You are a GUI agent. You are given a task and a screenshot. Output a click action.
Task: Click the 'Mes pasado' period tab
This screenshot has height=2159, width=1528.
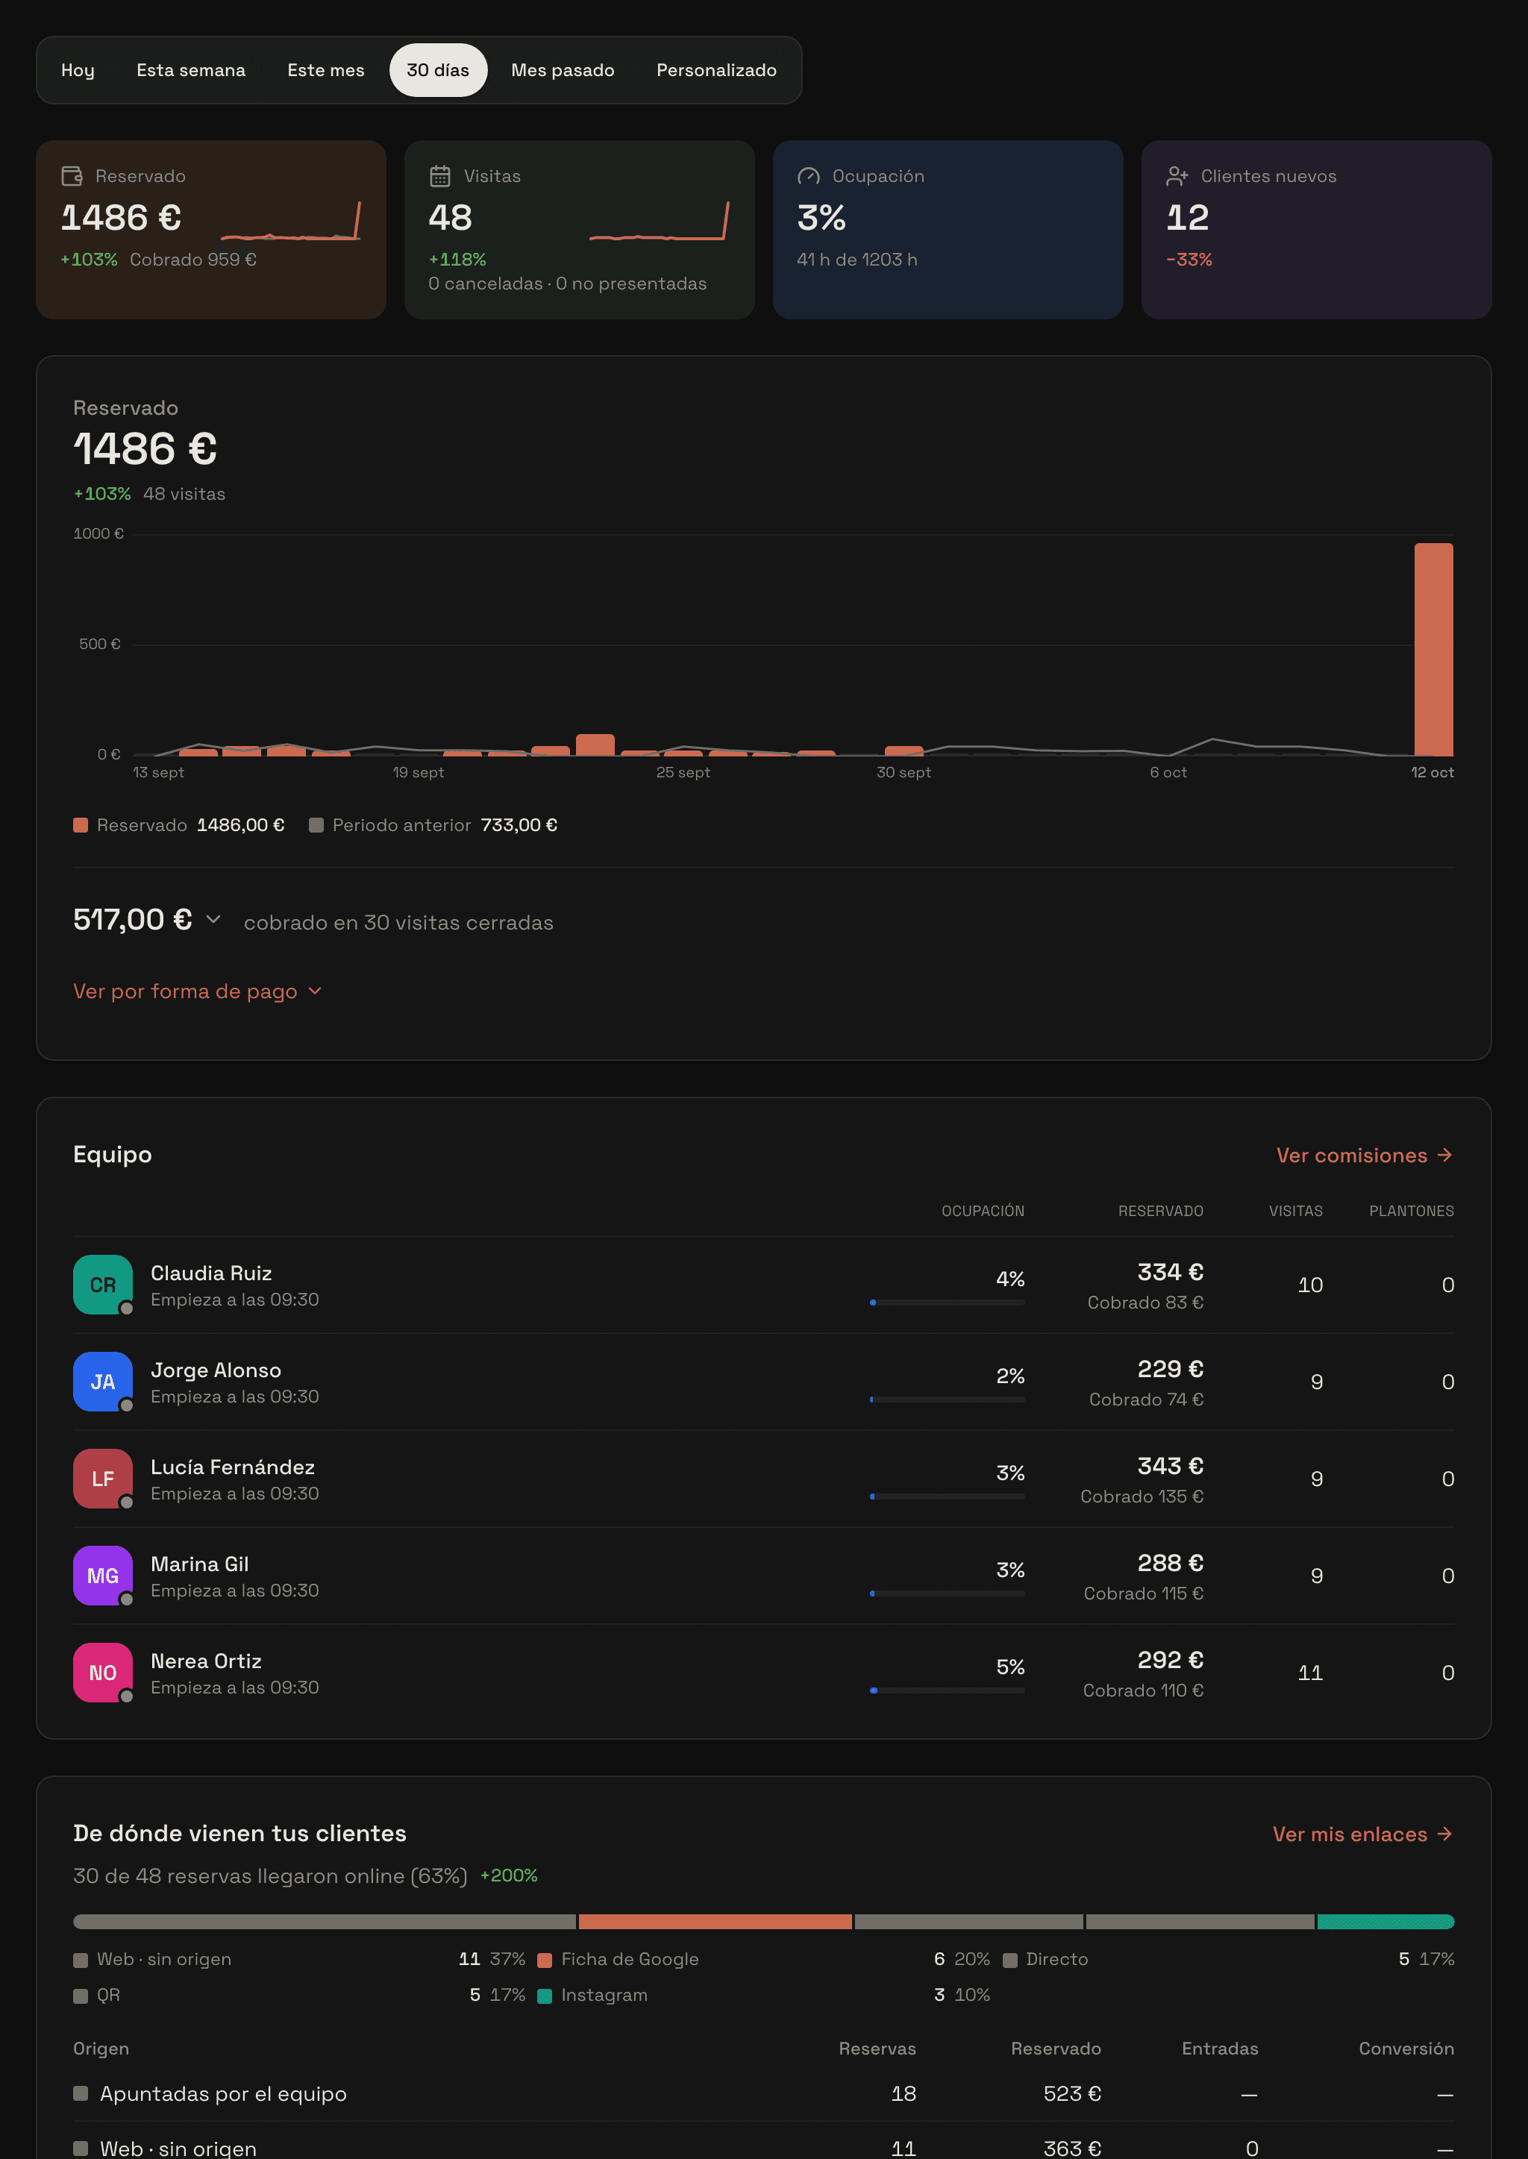562,71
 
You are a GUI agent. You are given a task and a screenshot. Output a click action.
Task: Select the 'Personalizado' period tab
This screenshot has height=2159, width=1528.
716,71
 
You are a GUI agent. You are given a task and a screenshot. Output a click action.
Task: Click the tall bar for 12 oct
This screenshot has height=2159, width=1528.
1433,649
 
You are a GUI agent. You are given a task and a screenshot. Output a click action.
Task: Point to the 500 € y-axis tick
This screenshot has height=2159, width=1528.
100,645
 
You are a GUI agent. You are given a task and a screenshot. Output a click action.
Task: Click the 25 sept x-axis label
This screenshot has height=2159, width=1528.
683,772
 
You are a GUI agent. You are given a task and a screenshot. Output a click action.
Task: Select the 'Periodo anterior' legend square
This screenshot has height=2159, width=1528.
316,825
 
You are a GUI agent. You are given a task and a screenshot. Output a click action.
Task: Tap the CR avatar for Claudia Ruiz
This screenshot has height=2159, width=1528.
102,1285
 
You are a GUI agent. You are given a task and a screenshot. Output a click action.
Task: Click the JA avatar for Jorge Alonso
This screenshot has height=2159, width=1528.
102,1382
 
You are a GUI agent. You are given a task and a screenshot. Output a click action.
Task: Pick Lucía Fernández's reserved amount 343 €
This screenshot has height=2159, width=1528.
1171,1466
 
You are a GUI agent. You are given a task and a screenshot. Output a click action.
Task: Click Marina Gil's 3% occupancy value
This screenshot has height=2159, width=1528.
1010,1570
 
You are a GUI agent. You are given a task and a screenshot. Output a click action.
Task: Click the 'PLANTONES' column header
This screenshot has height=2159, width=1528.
1412,1211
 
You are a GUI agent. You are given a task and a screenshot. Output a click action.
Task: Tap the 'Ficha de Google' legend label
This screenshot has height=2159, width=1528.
630,1960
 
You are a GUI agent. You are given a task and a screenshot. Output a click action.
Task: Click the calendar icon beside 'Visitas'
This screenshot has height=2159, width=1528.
439,176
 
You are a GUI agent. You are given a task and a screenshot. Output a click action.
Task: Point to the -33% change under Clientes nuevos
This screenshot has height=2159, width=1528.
1189,260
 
